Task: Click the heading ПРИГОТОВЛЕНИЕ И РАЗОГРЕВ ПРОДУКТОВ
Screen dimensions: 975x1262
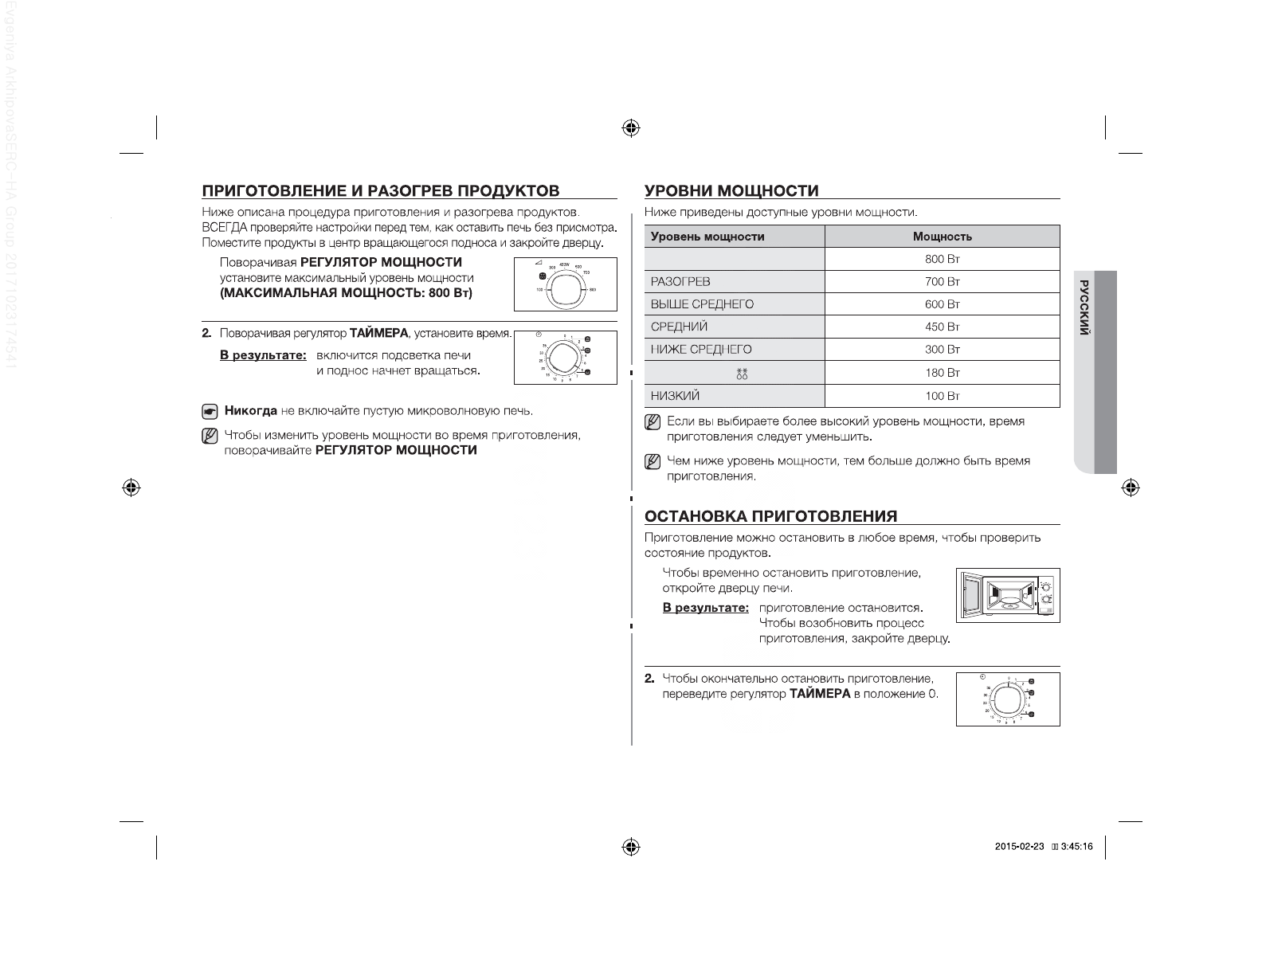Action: (381, 190)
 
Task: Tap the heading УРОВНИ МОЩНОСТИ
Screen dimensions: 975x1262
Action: (731, 190)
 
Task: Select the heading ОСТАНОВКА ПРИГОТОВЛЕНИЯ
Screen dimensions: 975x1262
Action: (770, 516)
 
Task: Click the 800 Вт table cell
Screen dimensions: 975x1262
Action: (943, 259)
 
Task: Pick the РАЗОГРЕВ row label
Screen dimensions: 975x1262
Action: (680, 282)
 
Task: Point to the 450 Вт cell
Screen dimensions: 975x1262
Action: (943, 327)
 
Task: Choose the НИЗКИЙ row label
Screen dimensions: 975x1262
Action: (676, 396)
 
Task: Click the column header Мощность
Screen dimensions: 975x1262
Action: (943, 237)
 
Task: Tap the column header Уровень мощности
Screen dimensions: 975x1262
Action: (707, 237)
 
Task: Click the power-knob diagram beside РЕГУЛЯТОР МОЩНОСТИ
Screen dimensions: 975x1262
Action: (565, 284)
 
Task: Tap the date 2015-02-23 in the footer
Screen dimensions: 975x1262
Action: (1019, 847)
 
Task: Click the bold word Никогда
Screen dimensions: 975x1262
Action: (251, 411)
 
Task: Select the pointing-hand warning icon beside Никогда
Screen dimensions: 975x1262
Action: (210, 412)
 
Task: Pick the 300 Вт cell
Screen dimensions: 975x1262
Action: (943, 350)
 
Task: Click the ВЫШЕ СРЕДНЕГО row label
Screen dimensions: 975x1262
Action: (702, 304)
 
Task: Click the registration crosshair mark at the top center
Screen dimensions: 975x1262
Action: (631, 127)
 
